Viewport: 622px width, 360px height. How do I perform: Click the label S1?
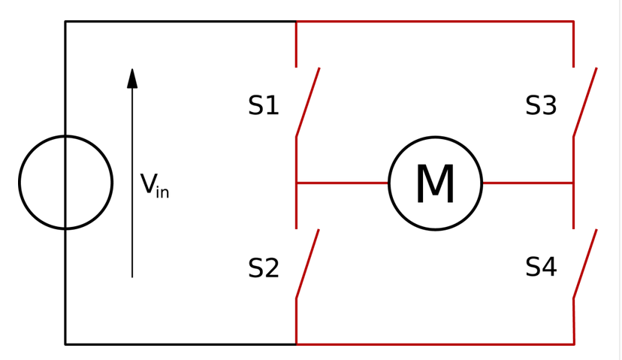(x=264, y=106)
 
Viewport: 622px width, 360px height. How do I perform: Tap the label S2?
(x=264, y=268)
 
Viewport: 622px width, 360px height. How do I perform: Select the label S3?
(x=541, y=106)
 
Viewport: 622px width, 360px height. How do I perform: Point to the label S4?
(x=541, y=267)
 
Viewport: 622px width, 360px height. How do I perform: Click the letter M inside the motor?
(x=435, y=184)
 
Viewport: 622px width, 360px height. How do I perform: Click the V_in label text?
(x=154, y=186)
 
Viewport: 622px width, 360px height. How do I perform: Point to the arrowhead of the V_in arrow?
(x=132, y=77)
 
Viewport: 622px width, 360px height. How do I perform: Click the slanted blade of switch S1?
(x=308, y=102)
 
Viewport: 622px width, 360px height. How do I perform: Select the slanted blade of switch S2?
(x=307, y=265)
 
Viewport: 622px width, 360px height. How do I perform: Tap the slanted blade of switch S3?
(x=585, y=102)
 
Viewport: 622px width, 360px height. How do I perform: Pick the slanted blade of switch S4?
(x=585, y=265)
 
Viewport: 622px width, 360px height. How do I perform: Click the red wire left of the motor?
(x=343, y=183)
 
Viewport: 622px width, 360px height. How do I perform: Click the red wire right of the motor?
(x=527, y=183)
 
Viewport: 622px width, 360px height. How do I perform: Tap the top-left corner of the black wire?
(x=65, y=22)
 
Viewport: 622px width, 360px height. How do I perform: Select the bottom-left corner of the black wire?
(x=65, y=344)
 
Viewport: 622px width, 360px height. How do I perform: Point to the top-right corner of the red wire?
(x=573, y=22)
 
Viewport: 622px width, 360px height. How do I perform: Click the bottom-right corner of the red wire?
(x=574, y=344)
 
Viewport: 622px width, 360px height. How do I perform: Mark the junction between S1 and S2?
(x=297, y=183)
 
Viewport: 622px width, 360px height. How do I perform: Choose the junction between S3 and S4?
(x=573, y=183)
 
